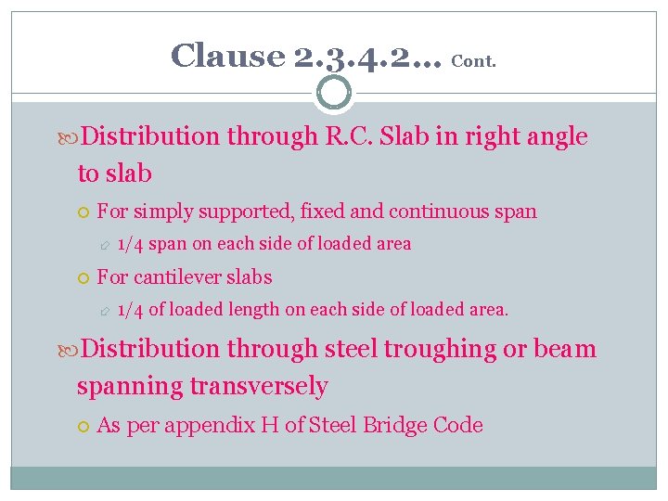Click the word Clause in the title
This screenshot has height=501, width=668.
227,57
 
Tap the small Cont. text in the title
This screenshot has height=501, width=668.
473,62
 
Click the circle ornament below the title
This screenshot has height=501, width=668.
334,93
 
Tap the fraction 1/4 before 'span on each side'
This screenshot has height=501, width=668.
131,245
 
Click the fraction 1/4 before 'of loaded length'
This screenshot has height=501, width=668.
131,310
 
